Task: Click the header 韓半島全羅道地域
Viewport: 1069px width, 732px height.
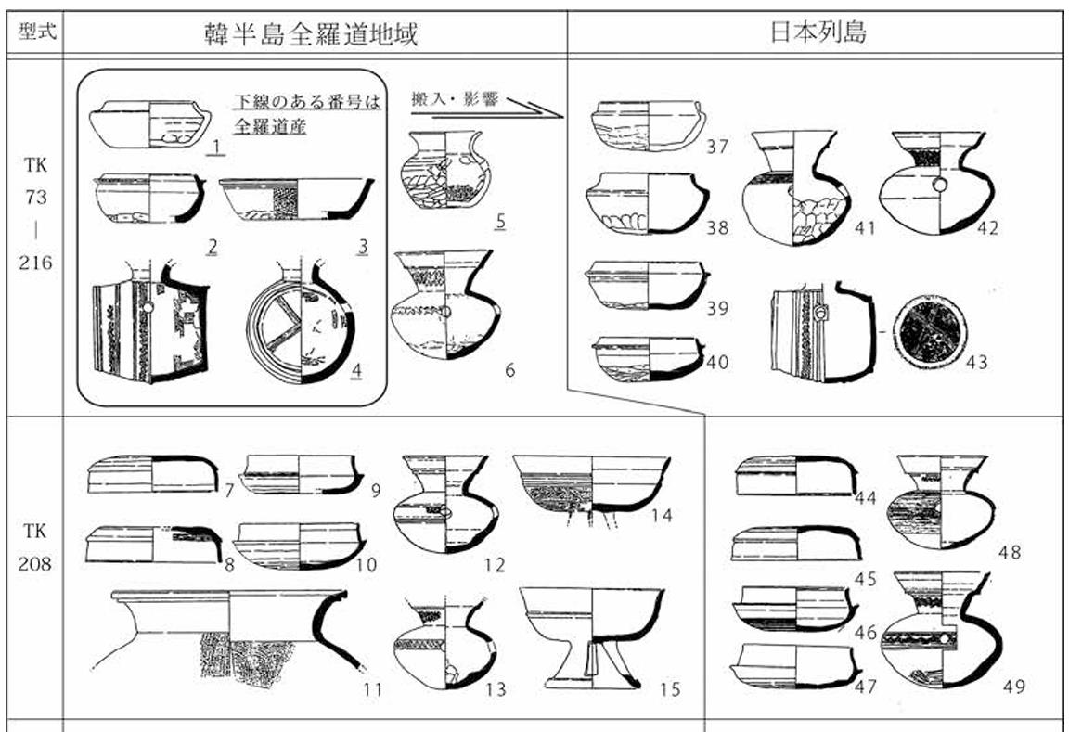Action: [311, 34]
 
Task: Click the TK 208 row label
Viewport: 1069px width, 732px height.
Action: [36, 547]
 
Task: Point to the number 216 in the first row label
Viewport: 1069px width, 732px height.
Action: [36, 262]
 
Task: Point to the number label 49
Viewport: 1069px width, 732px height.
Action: [1014, 687]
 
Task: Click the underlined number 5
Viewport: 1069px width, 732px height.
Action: [500, 223]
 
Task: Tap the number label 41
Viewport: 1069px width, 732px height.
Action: [865, 226]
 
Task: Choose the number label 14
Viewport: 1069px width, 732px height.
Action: [661, 516]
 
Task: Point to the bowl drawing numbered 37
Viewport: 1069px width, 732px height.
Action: [649, 124]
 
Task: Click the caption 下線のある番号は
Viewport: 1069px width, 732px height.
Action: [306, 102]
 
